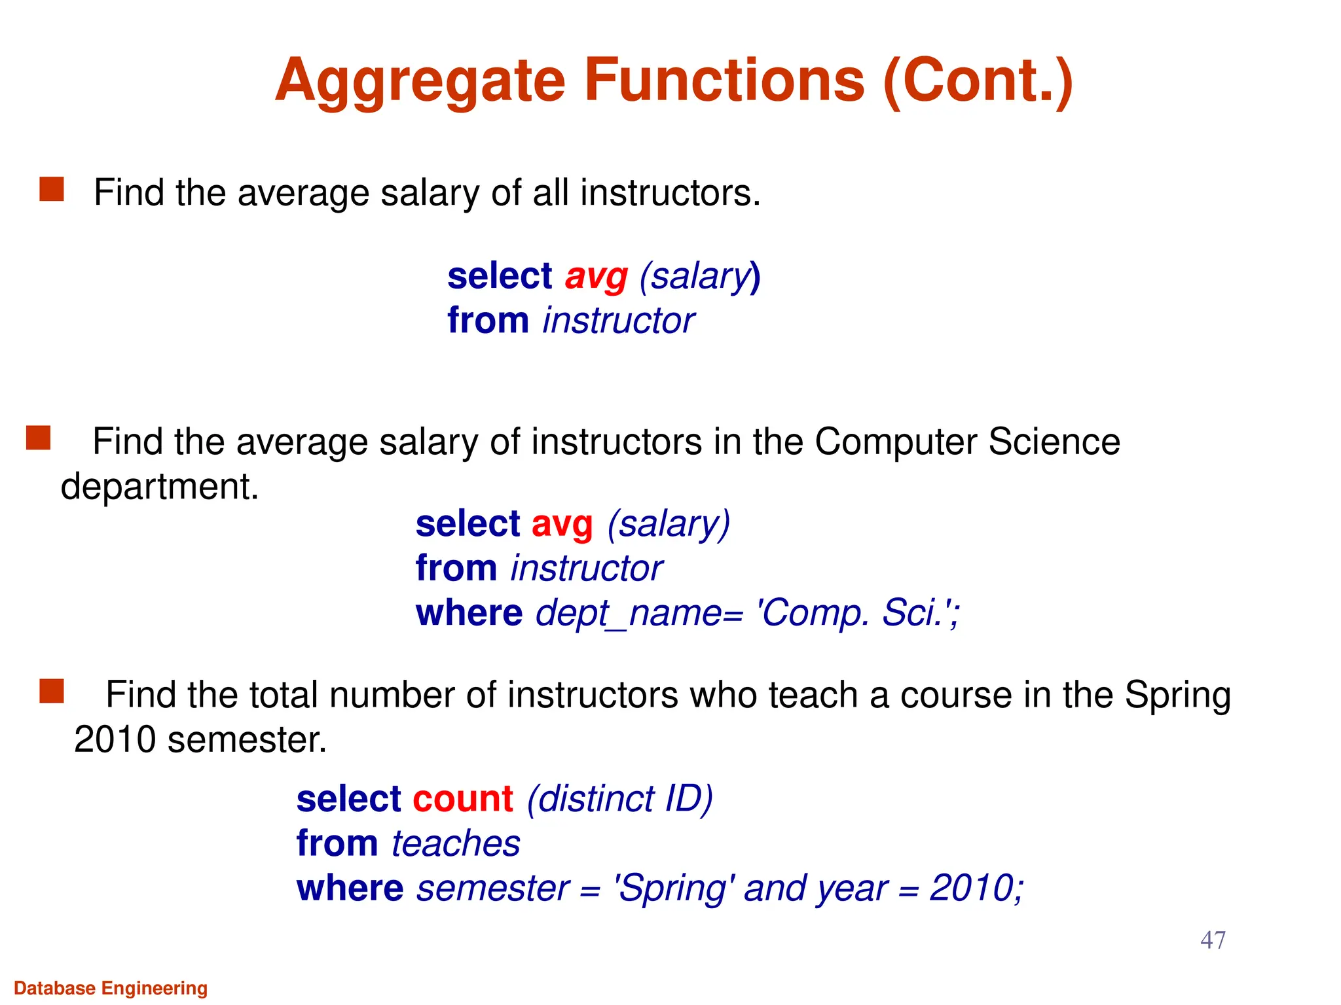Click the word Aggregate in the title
coord(420,81)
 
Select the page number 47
coord(1213,940)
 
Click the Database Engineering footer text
coord(111,988)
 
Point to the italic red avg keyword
coord(596,276)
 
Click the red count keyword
coord(462,799)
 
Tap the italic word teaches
coord(456,843)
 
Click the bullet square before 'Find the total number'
coord(52,691)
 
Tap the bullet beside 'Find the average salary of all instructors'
coord(52,189)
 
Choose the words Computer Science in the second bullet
coord(967,442)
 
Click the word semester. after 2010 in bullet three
coord(247,740)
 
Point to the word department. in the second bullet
coord(160,487)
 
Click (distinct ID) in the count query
coord(619,799)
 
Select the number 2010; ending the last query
coord(976,889)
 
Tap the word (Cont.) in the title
coord(978,81)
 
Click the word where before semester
coord(350,889)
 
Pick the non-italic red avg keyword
coord(562,524)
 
